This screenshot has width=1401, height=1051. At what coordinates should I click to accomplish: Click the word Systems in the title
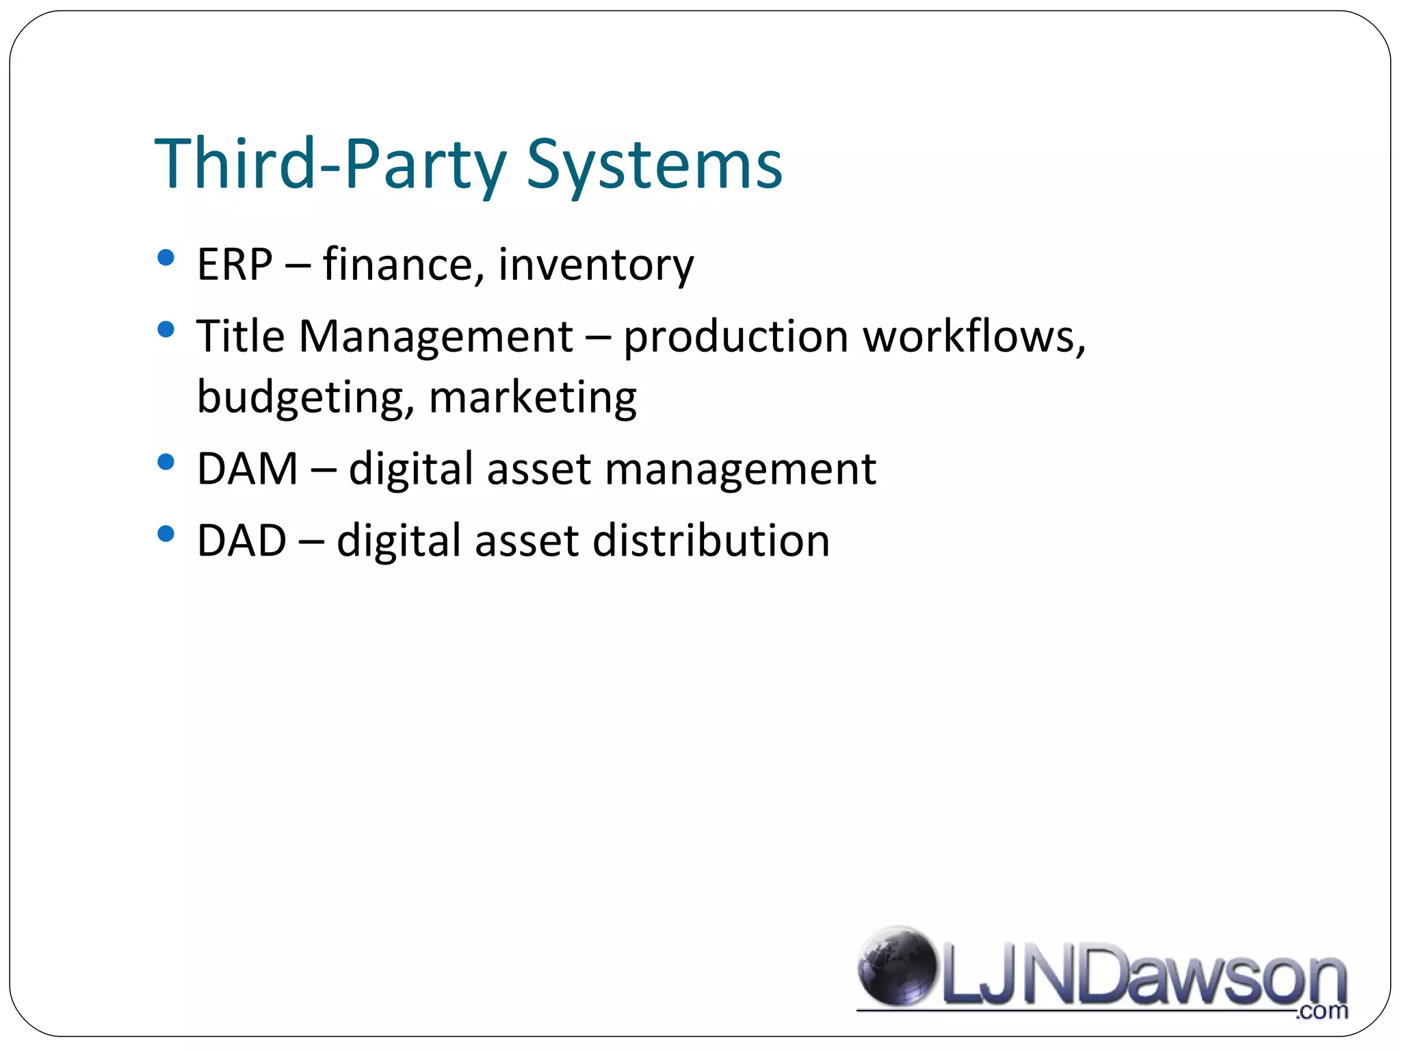pos(654,165)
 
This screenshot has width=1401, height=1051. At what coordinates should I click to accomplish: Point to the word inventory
pos(596,265)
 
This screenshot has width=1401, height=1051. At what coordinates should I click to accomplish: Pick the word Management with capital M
pos(436,337)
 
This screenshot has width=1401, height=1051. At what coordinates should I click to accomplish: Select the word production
pos(736,337)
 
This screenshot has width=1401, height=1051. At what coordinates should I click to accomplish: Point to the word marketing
pos(533,398)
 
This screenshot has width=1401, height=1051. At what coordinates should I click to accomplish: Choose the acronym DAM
pos(248,469)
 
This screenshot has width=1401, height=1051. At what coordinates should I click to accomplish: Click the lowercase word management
pos(740,470)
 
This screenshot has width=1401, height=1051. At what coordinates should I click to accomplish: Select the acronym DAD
pos(241,541)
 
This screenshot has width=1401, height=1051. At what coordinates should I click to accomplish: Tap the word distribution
pos(711,541)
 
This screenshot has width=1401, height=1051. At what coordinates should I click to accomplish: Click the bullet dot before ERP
pos(166,258)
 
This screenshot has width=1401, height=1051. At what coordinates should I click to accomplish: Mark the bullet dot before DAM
pos(166,462)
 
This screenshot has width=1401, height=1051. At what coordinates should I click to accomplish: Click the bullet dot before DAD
pos(166,533)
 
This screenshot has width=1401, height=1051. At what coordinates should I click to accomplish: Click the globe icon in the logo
pos(897,966)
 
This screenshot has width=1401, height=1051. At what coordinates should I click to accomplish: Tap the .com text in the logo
pos(1322,1011)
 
